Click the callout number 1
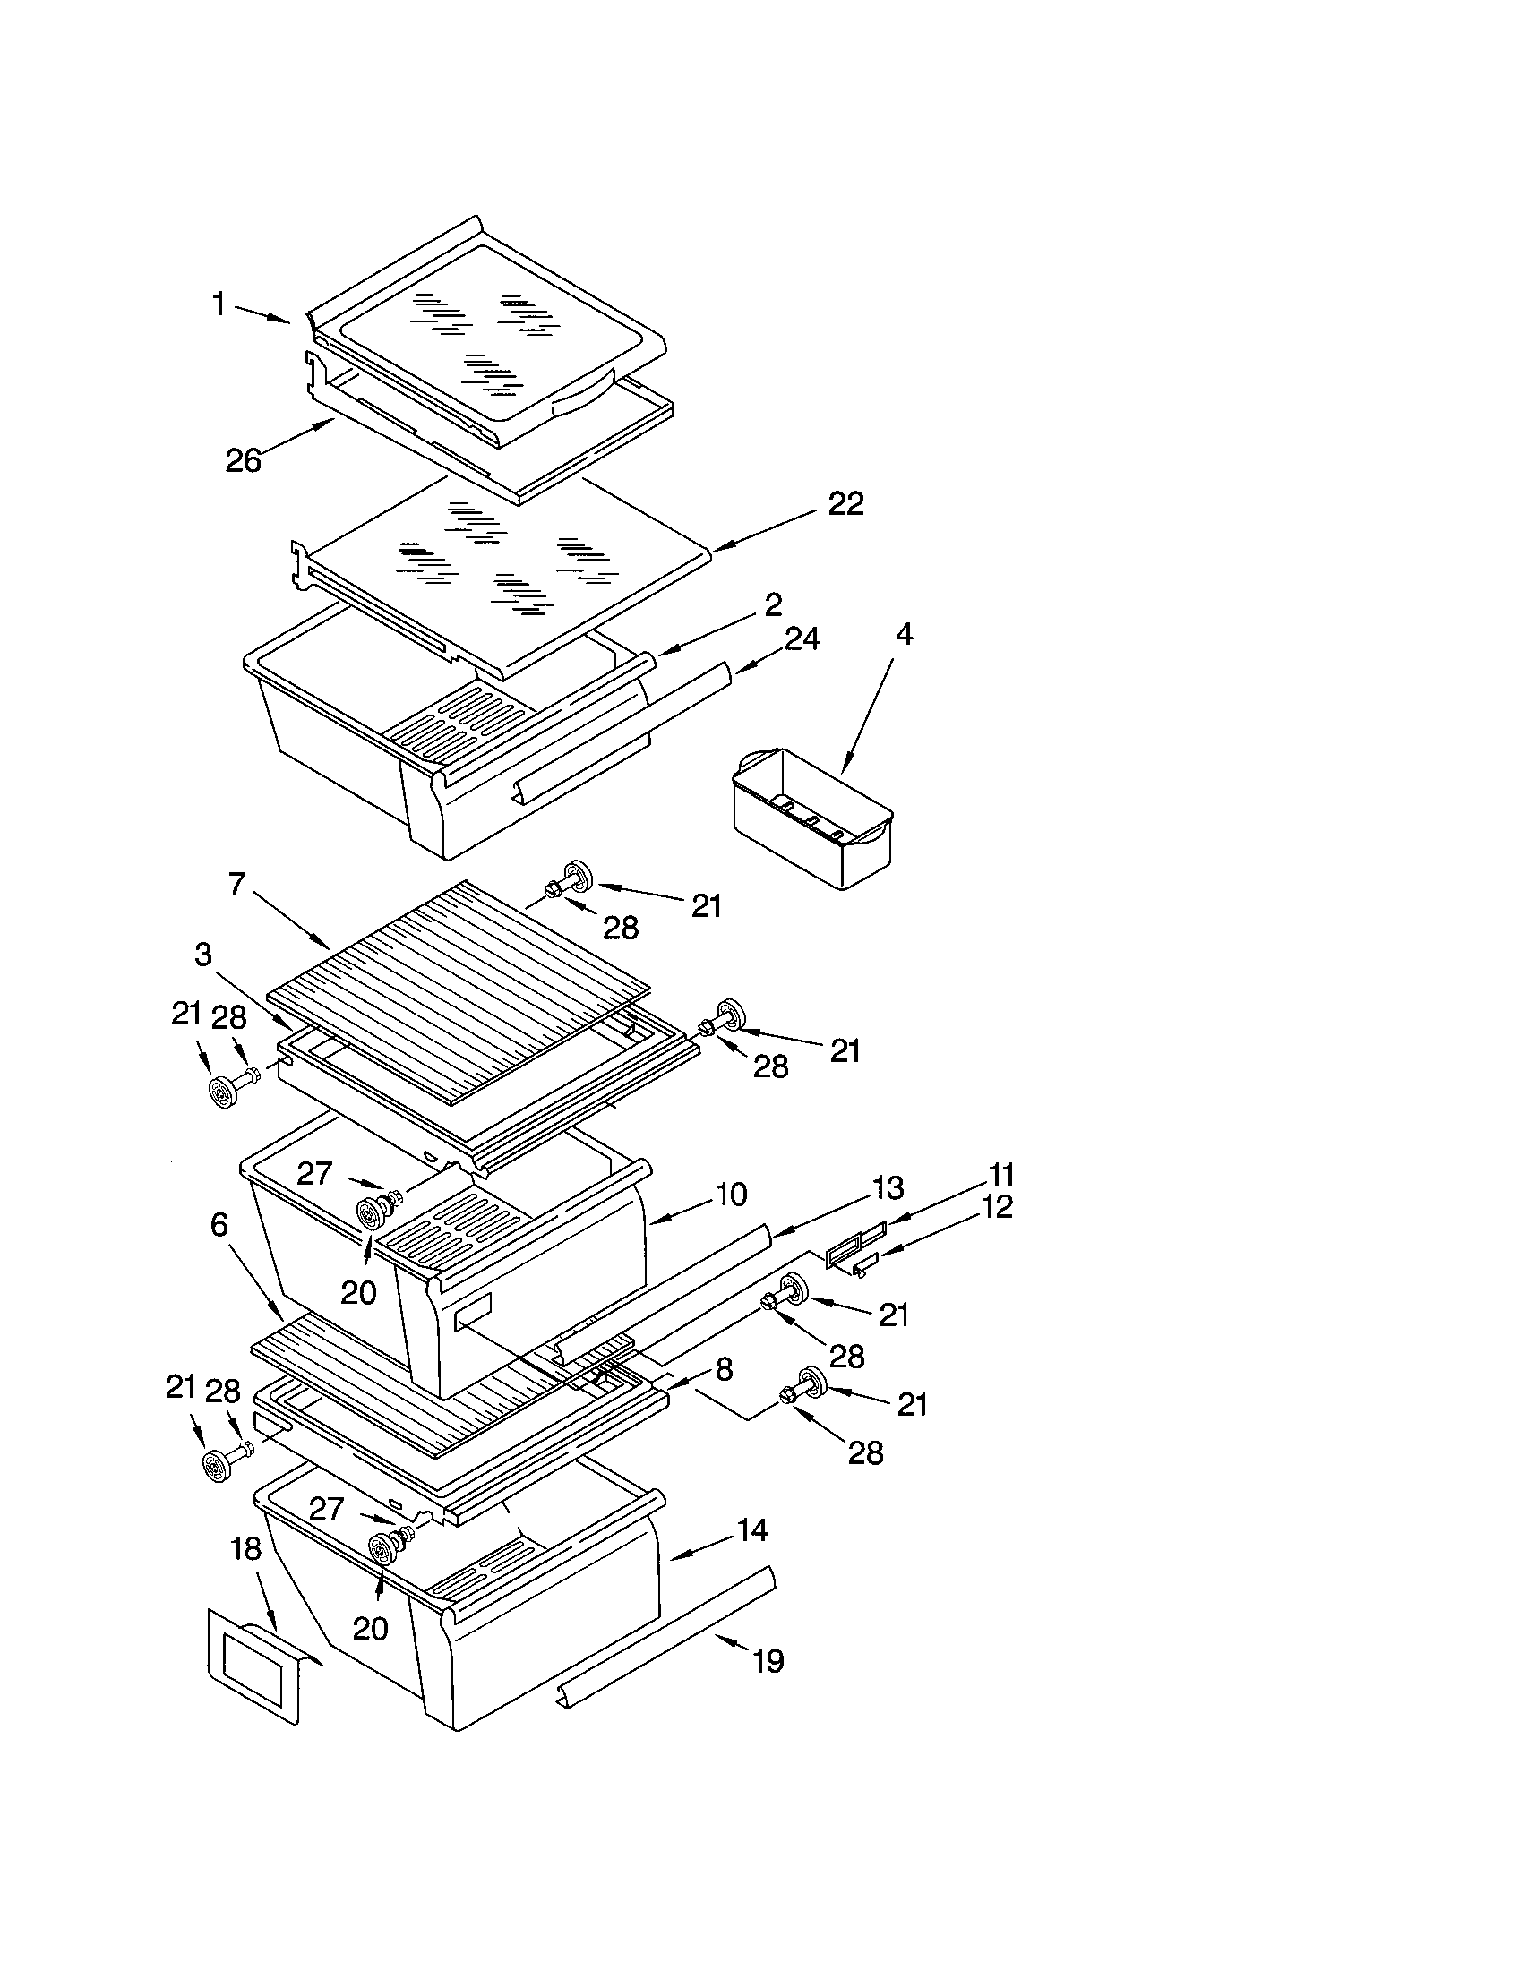219,304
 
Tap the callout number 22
845,503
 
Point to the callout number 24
801,638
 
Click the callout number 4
904,634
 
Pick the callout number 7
236,883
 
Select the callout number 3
203,954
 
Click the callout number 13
888,1188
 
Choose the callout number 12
996,1207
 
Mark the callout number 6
219,1224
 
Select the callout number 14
751,1529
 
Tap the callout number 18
245,1548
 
